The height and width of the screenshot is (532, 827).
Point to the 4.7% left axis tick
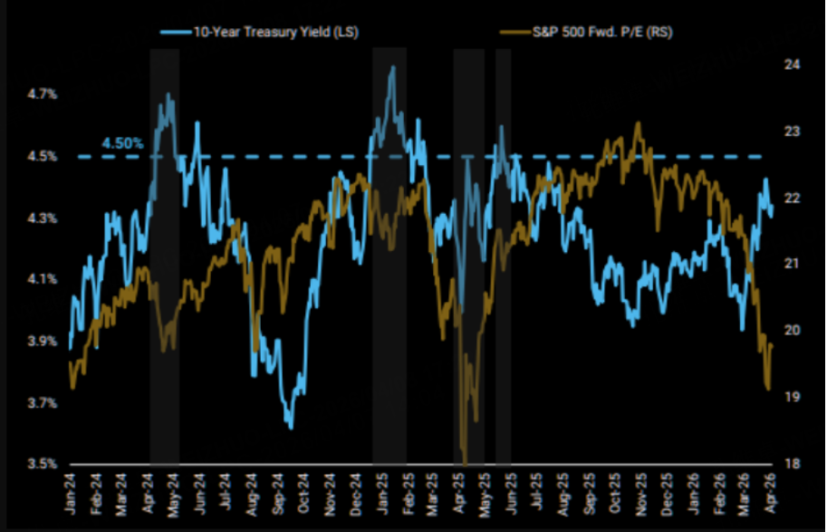(43, 93)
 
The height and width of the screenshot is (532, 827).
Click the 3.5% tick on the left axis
(43, 463)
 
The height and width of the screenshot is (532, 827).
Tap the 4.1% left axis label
(43, 278)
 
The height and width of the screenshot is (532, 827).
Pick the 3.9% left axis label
(43, 341)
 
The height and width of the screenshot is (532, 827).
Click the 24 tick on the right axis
(791, 64)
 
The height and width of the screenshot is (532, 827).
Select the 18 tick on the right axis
(791, 463)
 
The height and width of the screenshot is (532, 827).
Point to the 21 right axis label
(791, 264)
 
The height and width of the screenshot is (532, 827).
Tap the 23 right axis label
(791, 131)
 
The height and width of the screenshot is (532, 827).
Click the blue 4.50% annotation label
(121, 143)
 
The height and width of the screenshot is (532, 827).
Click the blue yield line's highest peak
(392, 66)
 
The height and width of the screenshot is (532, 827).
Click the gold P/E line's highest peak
(639, 122)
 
